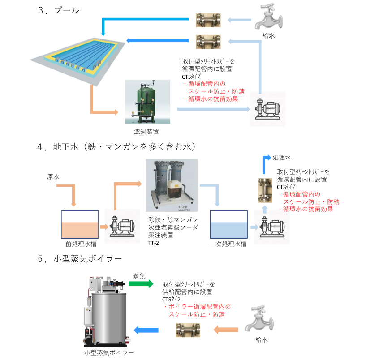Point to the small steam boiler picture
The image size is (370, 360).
(108, 311)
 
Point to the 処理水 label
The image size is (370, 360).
(282, 158)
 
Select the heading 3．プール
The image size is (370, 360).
(59, 9)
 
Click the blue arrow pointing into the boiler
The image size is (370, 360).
(146, 330)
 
